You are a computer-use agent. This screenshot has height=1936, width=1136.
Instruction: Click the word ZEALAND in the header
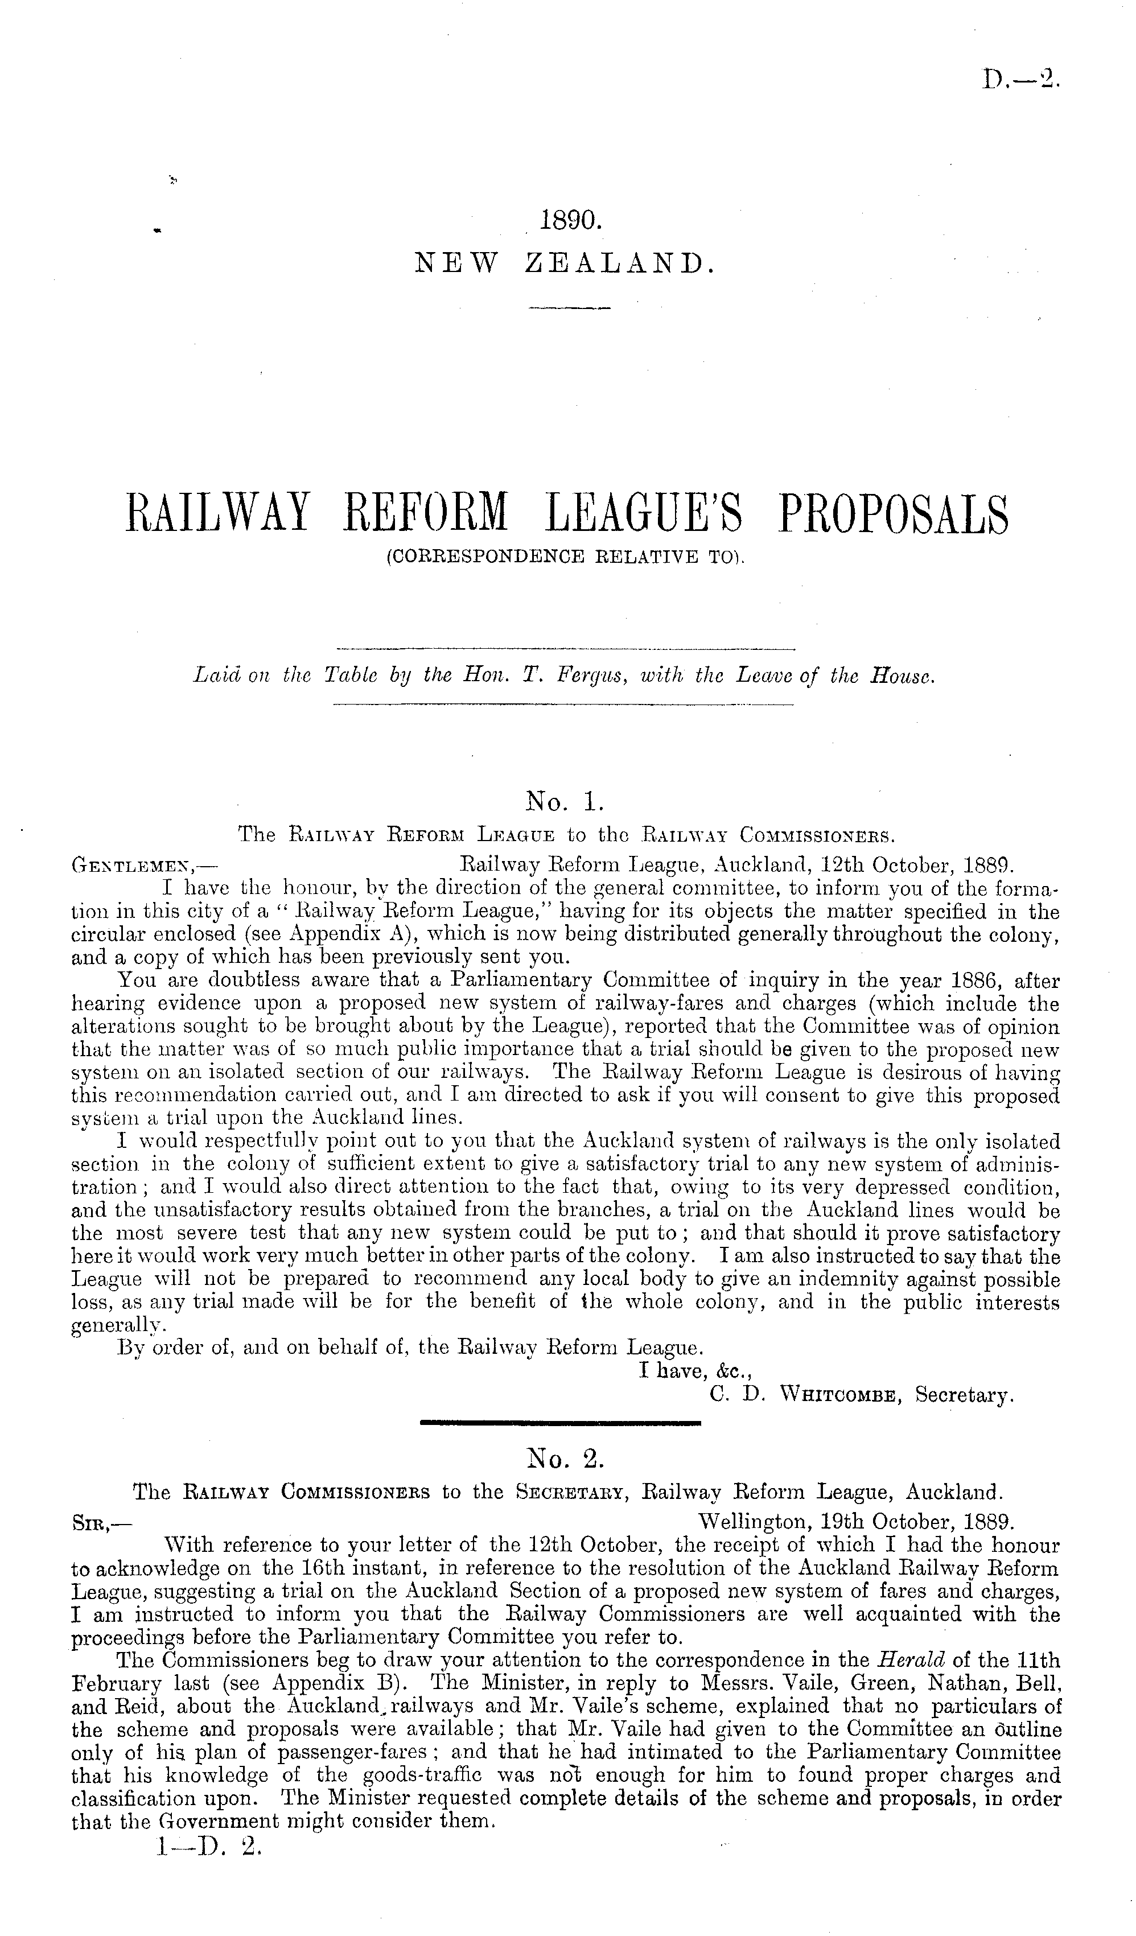point(620,263)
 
